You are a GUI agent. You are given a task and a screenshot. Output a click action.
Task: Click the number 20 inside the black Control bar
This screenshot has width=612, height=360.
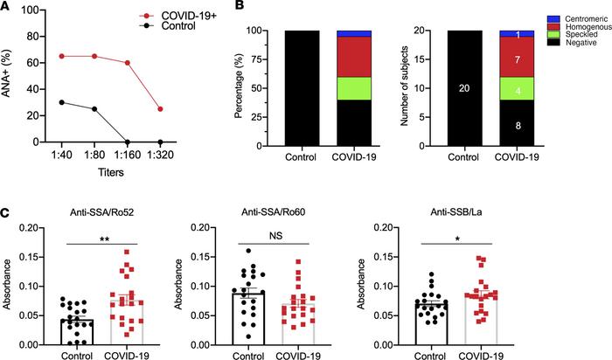[462, 88]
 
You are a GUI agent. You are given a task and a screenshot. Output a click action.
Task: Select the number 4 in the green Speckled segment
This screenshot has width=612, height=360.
[518, 90]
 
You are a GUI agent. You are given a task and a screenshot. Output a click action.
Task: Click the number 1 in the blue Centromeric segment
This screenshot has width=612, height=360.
[518, 35]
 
